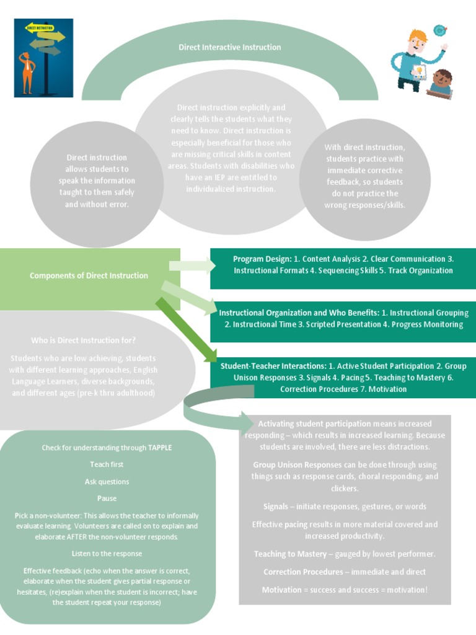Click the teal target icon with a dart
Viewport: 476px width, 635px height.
439,30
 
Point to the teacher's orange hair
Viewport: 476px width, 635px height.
416,35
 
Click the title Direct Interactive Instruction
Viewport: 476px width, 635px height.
229,47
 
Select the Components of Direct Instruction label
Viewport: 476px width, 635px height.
89,276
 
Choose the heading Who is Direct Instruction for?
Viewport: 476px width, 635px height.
84,340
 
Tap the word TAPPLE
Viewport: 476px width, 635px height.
159,448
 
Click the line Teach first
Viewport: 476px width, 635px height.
107,464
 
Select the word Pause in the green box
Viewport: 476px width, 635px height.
107,499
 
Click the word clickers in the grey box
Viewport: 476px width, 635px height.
344,489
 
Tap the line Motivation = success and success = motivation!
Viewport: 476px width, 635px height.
345,590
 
